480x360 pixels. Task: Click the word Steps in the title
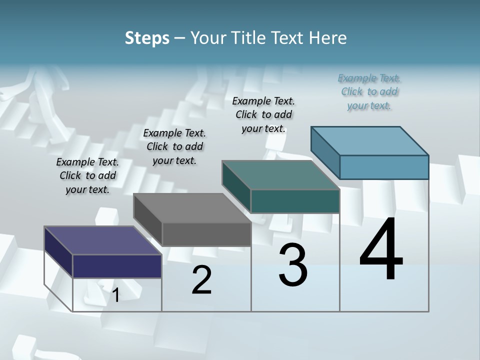(x=146, y=38)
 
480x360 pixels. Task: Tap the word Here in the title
(x=328, y=38)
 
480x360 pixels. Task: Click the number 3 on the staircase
(x=293, y=265)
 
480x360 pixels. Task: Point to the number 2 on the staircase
(x=201, y=280)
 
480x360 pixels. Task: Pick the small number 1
(x=115, y=295)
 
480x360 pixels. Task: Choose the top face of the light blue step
(x=370, y=141)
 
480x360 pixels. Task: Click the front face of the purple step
(x=117, y=266)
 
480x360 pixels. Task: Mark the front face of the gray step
(x=206, y=234)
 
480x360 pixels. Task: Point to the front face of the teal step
(x=295, y=201)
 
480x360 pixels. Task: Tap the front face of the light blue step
(x=384, y=167)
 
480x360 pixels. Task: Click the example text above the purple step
(x=87, y=175)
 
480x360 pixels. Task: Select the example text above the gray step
(x=174, y=146)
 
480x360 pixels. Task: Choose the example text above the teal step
(x=263, y=114)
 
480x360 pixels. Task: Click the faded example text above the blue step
(x=369, y=91)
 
